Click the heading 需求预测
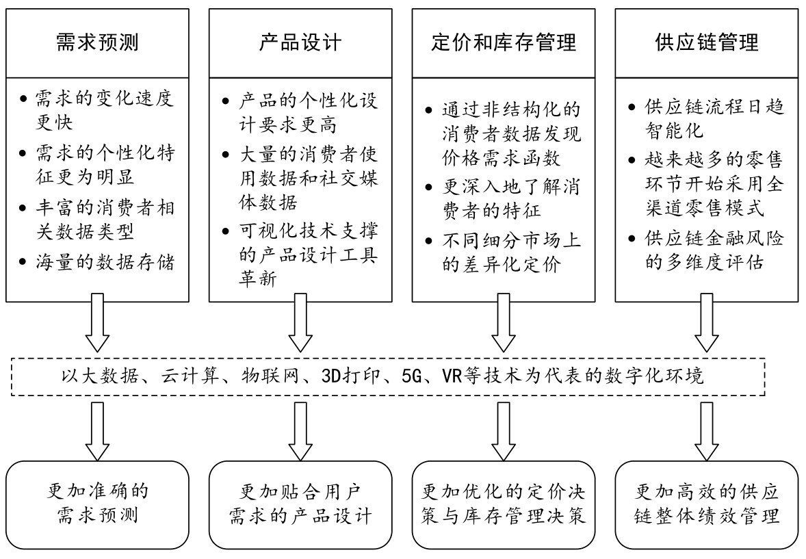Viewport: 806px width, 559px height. coord(97,42)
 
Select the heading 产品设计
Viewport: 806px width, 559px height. coord(300,42)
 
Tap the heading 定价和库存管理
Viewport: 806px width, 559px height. coord(504,42)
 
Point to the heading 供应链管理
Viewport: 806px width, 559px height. coord(707,42)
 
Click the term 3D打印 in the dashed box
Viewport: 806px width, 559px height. coord(350,376)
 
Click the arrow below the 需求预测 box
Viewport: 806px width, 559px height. coord(97,323)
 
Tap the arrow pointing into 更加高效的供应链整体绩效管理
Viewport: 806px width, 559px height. coord(707,431)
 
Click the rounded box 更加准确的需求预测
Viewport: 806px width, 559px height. coord(97,505)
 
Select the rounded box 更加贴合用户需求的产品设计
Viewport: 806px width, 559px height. coord(300,505)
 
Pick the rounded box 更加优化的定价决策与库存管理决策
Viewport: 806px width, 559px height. coord(504,505)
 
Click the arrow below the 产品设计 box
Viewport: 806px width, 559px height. coord(300,323)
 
